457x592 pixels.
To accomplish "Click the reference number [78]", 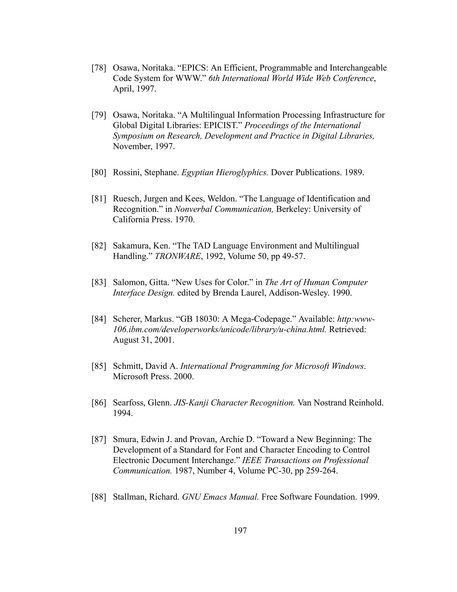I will [99, 68].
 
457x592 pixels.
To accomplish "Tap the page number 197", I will [240, 531].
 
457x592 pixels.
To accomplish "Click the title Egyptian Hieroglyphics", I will [224, 172].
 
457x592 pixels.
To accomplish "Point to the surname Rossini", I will [127, 172].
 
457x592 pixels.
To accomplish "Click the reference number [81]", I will [99, 199].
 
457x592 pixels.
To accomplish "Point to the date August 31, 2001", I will [143, 340].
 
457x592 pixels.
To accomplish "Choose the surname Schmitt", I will [128, 366].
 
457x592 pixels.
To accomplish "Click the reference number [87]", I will [99, 439].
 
